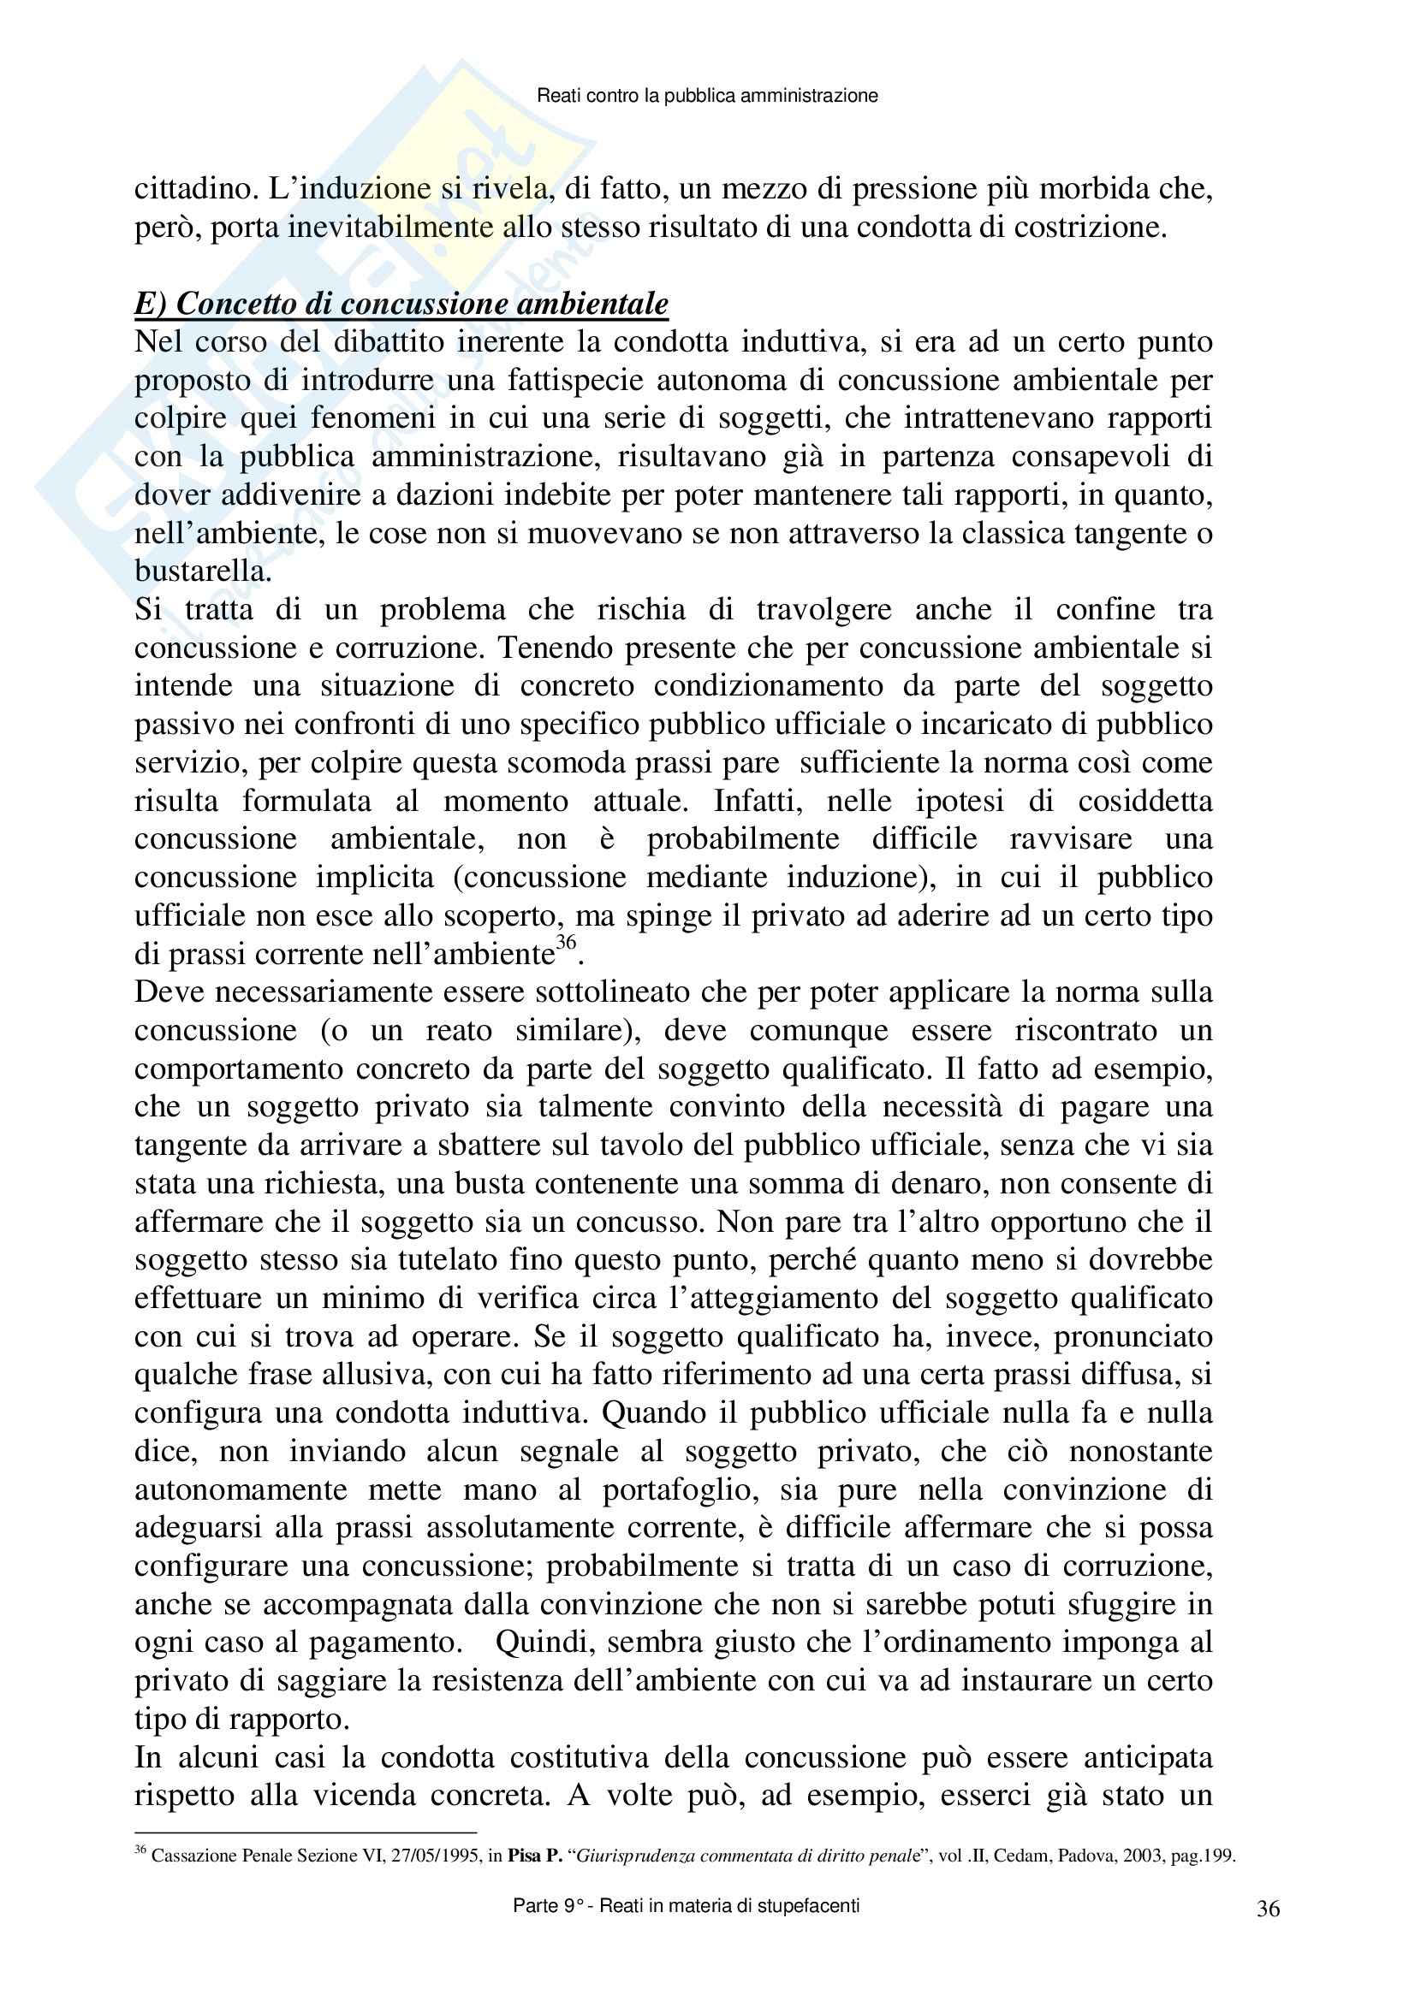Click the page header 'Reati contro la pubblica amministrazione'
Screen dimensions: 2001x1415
pos(707,96)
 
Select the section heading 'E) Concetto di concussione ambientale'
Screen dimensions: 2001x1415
pos(401,304)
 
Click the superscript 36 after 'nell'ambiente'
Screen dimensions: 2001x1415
pos(566,943)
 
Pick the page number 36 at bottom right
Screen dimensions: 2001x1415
pos(1269,1909)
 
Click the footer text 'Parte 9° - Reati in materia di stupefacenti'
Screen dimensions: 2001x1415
pos(687,1906)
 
